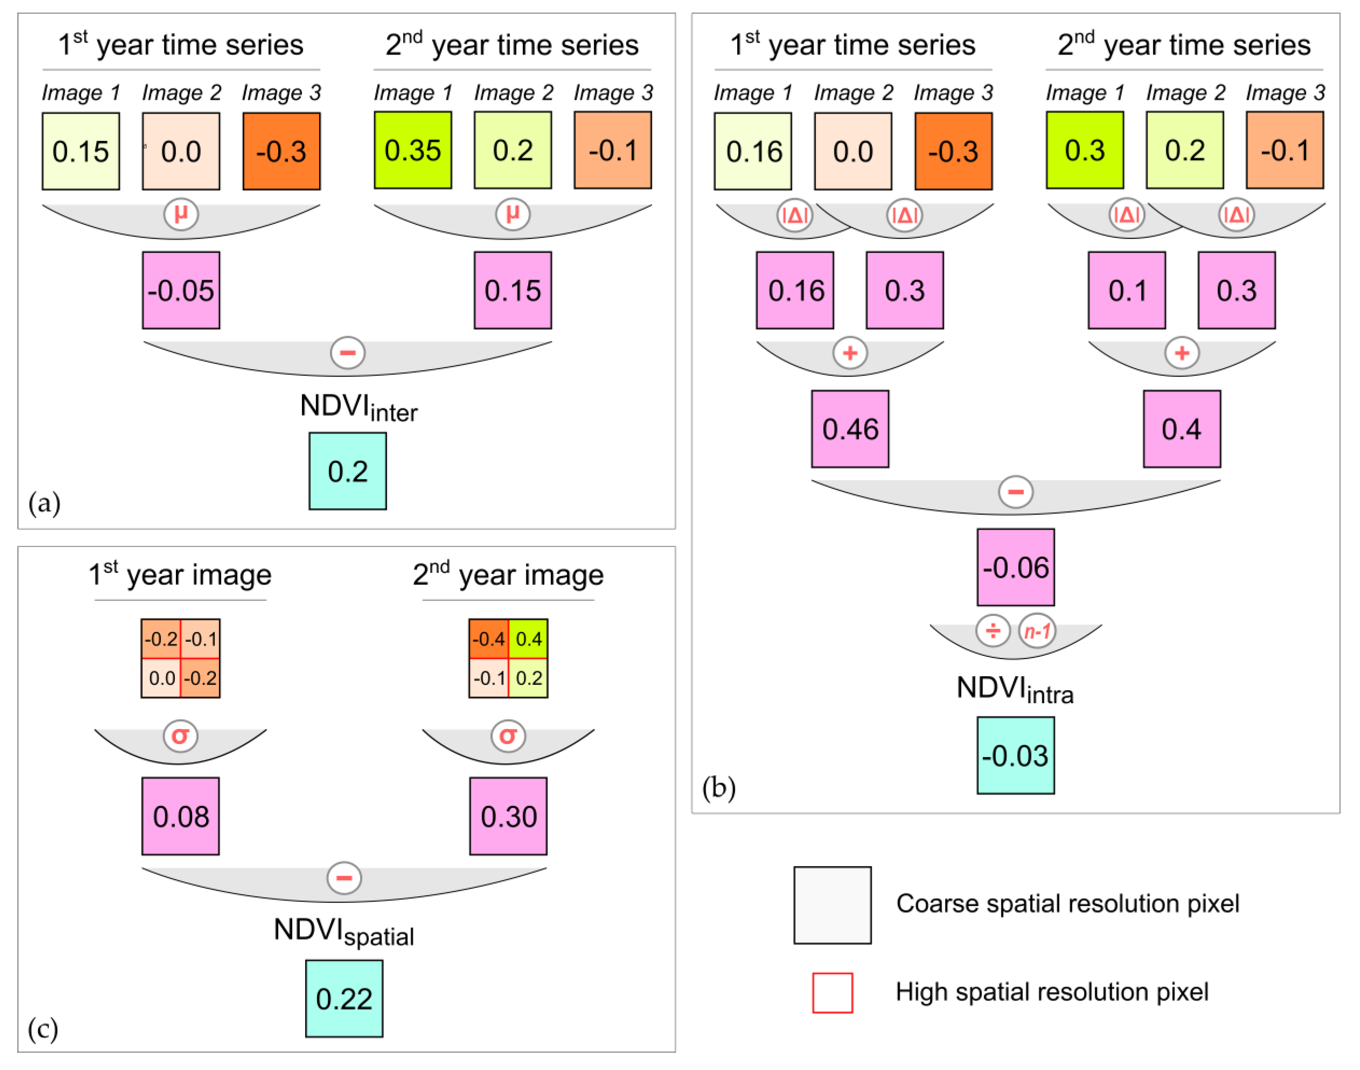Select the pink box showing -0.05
coord(181,290)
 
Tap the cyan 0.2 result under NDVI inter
coord(347,471)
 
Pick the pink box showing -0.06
coord(1015,567)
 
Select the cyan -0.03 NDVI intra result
coord(1015,756)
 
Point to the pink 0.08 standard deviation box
coord(181,816)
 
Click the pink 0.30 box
coord(508,816)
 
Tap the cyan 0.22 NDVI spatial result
coord(344,999)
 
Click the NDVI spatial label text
coord(344,931)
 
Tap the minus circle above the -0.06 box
coord(1015,492)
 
